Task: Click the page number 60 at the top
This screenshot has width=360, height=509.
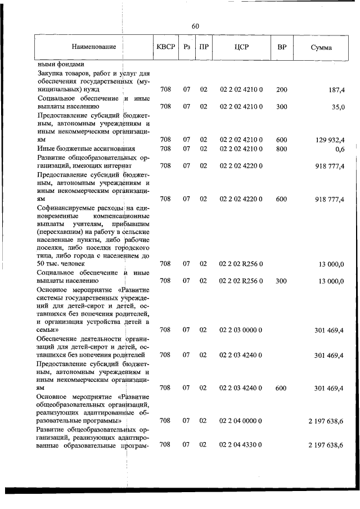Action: tap(195, 26)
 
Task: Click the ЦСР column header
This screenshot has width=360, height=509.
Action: tap(241, 47)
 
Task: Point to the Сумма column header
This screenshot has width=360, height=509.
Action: tap(321, 47)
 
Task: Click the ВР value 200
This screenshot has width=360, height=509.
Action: tap(281, 90)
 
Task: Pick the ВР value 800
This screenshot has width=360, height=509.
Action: tap(281, 148)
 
